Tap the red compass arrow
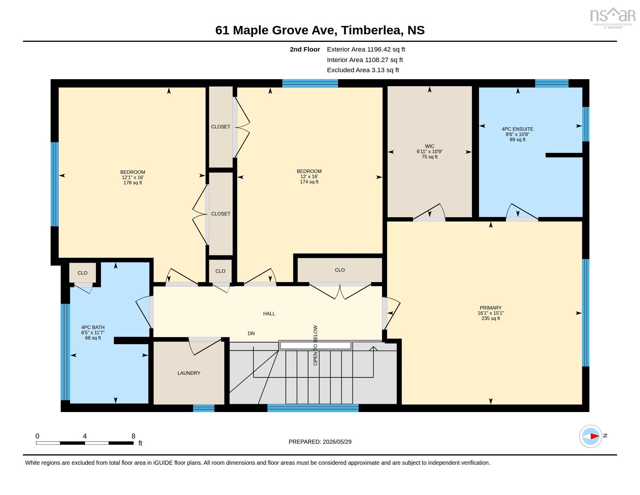pos(595,436)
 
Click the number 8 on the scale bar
pos(133,436)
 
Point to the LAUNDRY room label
pos(189,373)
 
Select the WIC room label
pos(430,146)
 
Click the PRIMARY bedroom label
pos(491,307)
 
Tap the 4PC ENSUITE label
pos(518,129)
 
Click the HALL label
pos(269,314)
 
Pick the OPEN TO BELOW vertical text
pos(315,345)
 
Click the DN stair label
pos(251,333)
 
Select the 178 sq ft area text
pos(133,183)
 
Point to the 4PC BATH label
pos(93,327)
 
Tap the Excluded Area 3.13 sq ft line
pos(363,70)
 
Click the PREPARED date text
pos(320,442)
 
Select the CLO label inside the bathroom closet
pos(83,273)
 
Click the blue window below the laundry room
pos(204,408)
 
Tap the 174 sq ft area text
pos(309,182)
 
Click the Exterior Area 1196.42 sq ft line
pos(366,49)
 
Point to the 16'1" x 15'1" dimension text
pos(491,313)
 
